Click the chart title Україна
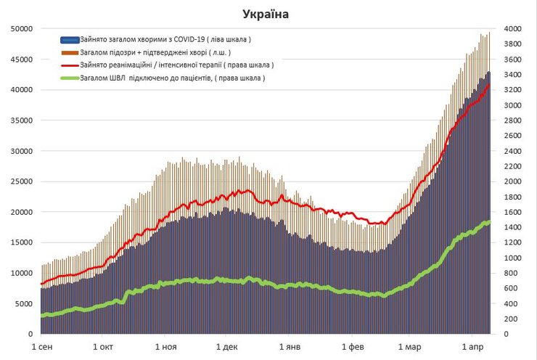[x=266, y=13]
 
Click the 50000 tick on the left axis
[x=20, y=28]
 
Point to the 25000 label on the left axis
[x=20, y=181]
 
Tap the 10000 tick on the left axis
[x=20, y=273]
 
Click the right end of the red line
[x=489, y=85]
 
